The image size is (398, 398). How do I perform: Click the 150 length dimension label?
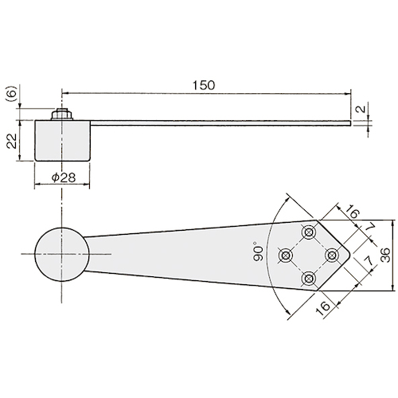tap(204, 85)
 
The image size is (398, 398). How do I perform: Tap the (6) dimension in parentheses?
tap(12, 93)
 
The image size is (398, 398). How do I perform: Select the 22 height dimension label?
tap(11, 141)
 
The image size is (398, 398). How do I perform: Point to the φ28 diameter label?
tap(64, 178)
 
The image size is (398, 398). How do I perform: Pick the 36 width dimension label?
tap(385, 255)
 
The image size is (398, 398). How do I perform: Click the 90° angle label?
tap(259, 251)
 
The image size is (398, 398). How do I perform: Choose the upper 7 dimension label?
tap(370, 228)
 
